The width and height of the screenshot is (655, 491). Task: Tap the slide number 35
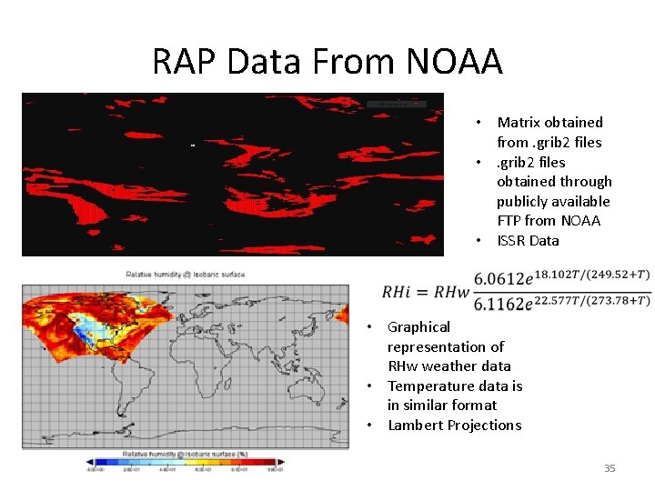610,468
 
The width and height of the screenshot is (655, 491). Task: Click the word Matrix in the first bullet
519,123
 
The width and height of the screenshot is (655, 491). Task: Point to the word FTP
509,221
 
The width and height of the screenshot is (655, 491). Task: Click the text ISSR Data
528,241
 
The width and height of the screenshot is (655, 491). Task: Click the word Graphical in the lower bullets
418,327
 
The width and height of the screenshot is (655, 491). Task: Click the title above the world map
185,274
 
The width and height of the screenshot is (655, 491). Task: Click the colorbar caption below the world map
185,452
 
